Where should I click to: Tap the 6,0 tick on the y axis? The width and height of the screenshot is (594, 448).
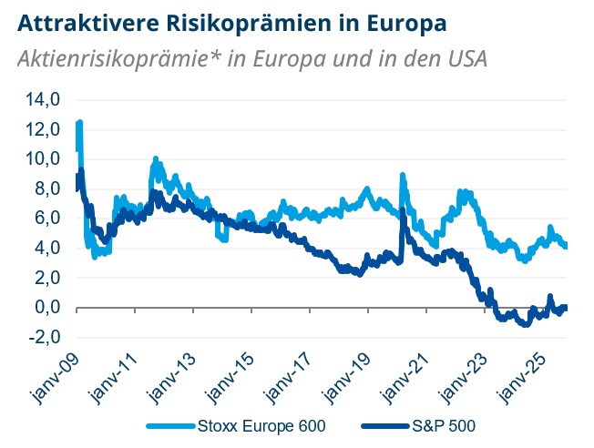[x=46, y=219]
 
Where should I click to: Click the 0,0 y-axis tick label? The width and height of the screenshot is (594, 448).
[x=46, y=308]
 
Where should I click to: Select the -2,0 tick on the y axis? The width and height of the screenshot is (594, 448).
[x=44, y=338]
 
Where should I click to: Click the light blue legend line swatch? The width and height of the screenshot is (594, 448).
[x=168, y=425]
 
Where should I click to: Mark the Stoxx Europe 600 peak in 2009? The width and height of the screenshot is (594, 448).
[x=80, y=122]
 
